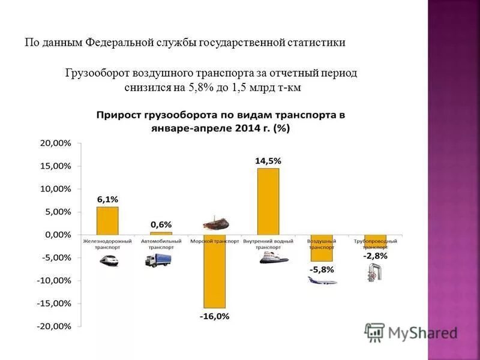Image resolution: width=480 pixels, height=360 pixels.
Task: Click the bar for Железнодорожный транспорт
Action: coord(107,220)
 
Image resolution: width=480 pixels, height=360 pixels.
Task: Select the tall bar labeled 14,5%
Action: coord(268,201)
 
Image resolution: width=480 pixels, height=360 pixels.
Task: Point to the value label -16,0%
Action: coord(214,316)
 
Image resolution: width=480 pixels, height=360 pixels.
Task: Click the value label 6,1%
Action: coord(108,199)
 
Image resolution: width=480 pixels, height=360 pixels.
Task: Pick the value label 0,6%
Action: coord(161,224)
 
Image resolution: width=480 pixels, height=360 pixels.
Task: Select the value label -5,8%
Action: coord(322,269)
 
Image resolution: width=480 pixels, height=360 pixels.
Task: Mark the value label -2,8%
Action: coord(376,256)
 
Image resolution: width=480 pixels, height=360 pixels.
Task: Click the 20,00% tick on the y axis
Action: coord(55,143)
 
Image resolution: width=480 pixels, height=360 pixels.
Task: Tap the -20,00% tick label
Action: coord(54,326)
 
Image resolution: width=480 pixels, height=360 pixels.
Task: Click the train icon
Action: coord(109,260)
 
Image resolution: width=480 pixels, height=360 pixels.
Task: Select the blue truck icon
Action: coord(158,260)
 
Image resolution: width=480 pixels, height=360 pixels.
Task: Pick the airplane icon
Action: coord(322,280)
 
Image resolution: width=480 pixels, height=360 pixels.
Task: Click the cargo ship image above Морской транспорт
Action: coord(215,224)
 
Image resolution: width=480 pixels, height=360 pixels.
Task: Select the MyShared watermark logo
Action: coord(411,332)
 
